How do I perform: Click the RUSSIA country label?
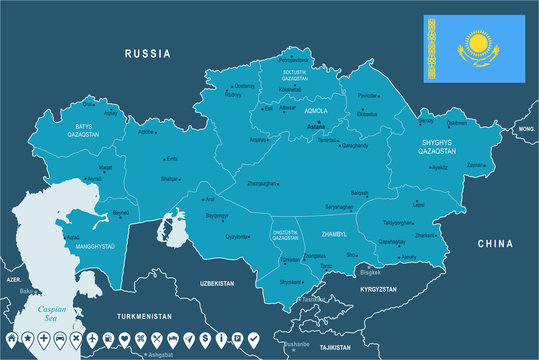[x=148, y=52]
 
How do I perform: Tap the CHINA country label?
[x=494, y=243]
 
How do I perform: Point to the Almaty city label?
[x=408, y=256]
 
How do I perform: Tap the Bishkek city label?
[x=369, y=271]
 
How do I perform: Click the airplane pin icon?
[x=91, y=339]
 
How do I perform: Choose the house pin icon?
[x=12, y=339]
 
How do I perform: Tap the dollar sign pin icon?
[x=204, y=339]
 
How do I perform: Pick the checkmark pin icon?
[x=252, y=339]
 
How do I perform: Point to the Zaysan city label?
[x=475, y=165]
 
